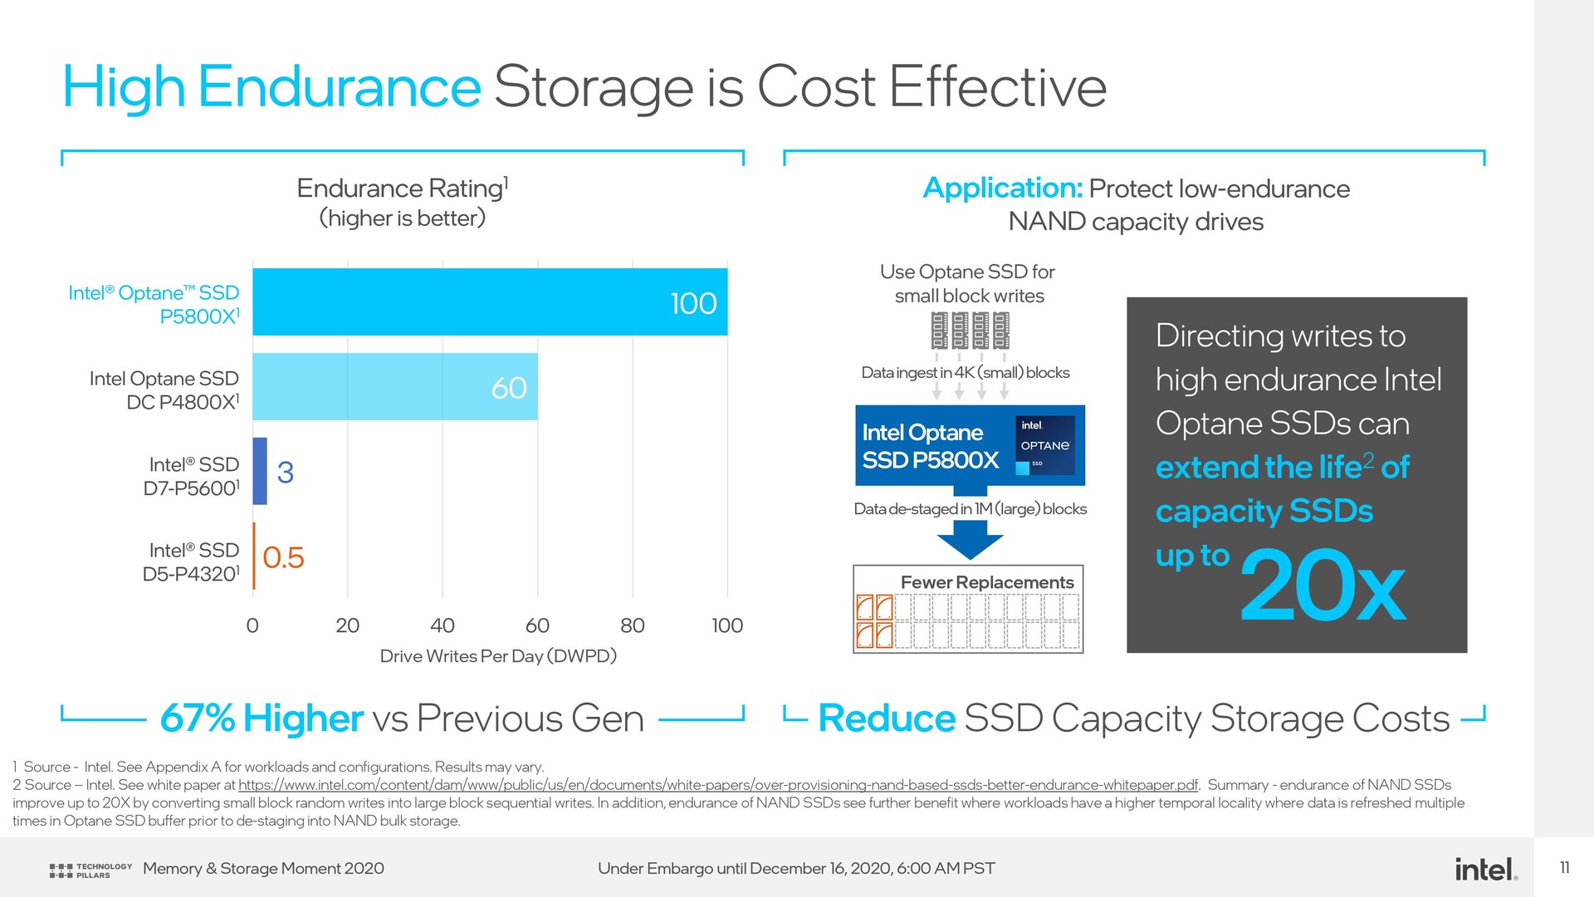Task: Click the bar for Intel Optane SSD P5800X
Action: coord(490,302)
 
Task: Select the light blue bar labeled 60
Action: coord(395,387)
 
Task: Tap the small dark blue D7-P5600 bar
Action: coord(260,471)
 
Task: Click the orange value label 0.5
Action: coord(283,557)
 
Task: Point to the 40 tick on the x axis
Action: coord(443,625)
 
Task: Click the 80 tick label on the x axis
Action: coord(633,625)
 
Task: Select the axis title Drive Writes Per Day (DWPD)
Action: coord(498,656)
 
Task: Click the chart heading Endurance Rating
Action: coord(403,189)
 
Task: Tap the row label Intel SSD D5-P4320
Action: coord(192,562)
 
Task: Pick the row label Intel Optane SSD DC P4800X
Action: coord(164,390)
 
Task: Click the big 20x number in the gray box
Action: coord(1323,586)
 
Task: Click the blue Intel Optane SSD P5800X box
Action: coord(970,445)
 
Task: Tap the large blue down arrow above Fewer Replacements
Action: coord(970,540)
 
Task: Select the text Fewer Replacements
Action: coord(987,582)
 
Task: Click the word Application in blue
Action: coord(1003,189)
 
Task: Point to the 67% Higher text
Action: coord(262,718)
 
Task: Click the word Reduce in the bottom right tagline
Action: coord(887,718)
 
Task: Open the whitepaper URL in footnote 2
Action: coord(718,785)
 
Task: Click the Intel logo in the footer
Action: coord(1486,869)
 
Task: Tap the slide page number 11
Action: coord(1565,868)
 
